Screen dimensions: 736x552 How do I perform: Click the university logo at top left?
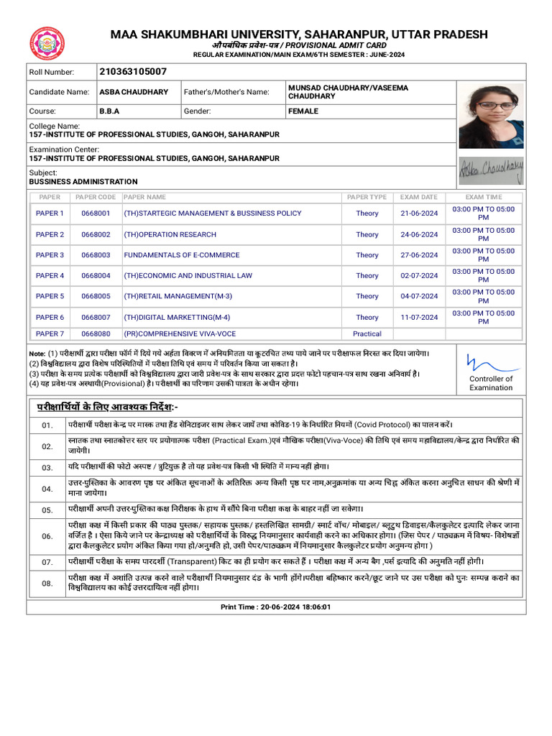click(x=47, y=44)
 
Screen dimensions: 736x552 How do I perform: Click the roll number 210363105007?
click(x=133, y=71)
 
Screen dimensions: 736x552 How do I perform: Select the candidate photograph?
click(x=491, y=116)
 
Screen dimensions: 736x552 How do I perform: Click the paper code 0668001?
click(x=96, y=213)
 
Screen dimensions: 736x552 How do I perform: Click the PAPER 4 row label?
click(x=50, y=276)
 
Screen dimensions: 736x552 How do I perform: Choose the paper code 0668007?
click(x=96, y=317)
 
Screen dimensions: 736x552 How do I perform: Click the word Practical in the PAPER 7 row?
click(x=367, y=333)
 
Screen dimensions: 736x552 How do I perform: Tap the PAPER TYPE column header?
click(x=367, y=197)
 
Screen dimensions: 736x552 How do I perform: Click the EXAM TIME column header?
click(x=483, y=197)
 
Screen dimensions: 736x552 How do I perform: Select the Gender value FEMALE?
click(x=303, y=111)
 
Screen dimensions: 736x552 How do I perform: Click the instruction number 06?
click(x=47, y=536)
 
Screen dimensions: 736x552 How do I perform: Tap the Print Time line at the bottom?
click(x=275, y=607)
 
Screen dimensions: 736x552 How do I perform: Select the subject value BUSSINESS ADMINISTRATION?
click(x=83, y=182)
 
